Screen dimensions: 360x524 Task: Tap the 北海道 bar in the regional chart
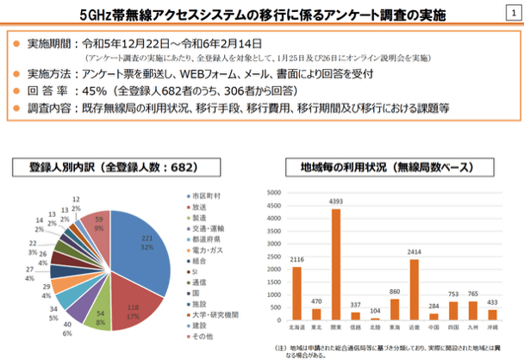tap(296, 292)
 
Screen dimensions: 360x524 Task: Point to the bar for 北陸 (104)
tap(374, 318)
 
